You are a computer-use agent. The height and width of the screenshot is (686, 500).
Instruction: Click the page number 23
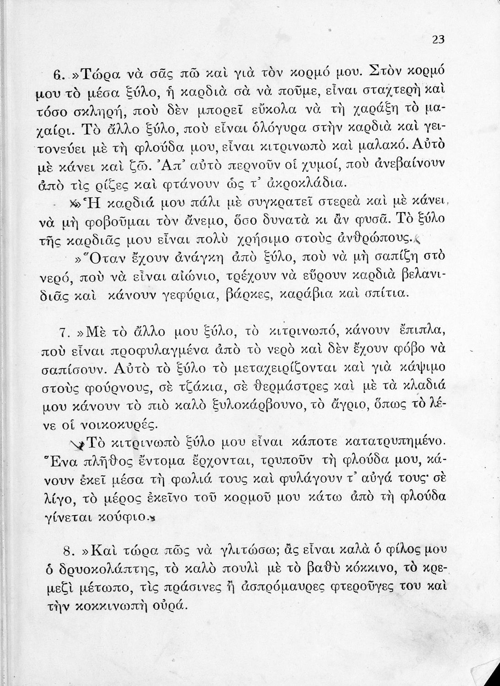click(x=438, y=40)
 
